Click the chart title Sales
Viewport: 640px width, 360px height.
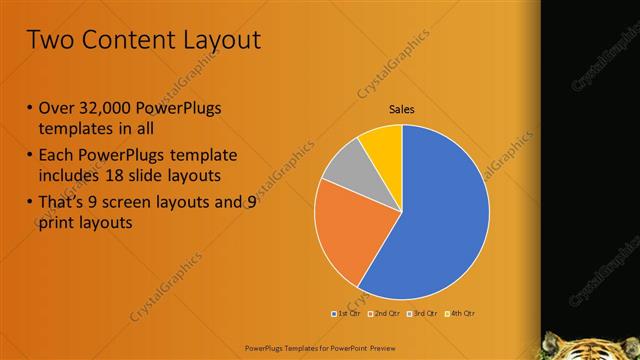tap(401, 110)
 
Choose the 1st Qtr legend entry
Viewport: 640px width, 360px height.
tap(346, 314)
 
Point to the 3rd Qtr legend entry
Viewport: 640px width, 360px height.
tap(422, 314)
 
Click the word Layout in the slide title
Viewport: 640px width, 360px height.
tap(214, 40)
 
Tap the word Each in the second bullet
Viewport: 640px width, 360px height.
tap(58, 155)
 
